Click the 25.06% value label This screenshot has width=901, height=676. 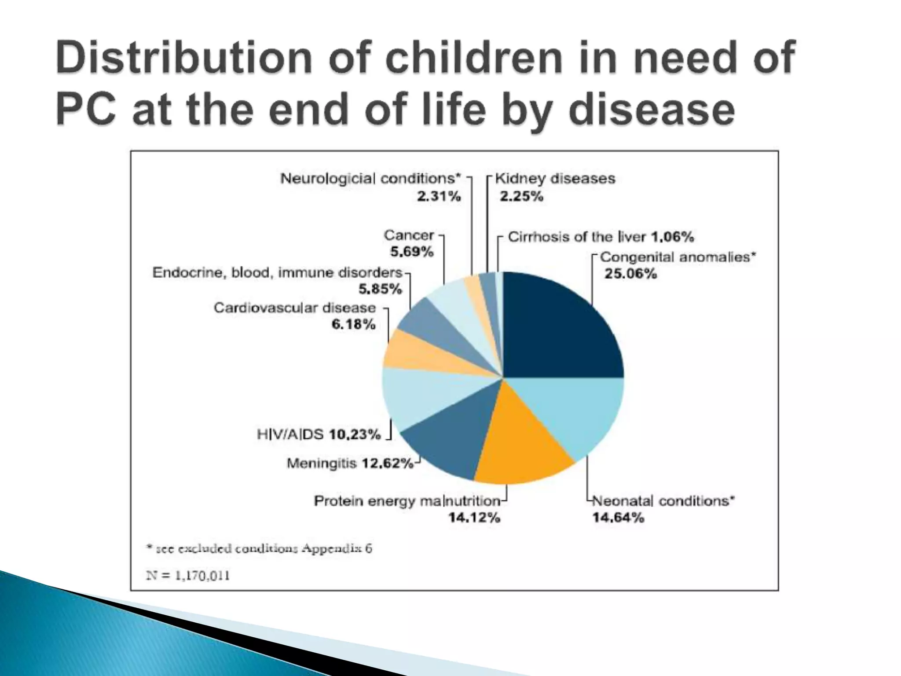tap(630, 274)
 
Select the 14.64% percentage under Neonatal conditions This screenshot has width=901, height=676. tap(618, 518)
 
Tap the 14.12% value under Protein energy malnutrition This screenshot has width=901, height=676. tap(474, 518)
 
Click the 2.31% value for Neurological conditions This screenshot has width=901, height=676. tap(439, 196)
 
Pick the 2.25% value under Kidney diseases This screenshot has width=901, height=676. tap(521, 196)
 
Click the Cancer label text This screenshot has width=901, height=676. tap(409, 235)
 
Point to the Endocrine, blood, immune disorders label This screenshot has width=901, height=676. tap(277, 273)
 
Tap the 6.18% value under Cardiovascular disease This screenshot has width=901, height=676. tap(353, 325)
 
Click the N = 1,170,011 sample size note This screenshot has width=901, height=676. tap(188, 576)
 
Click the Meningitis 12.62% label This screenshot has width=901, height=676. tap(350, 463)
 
